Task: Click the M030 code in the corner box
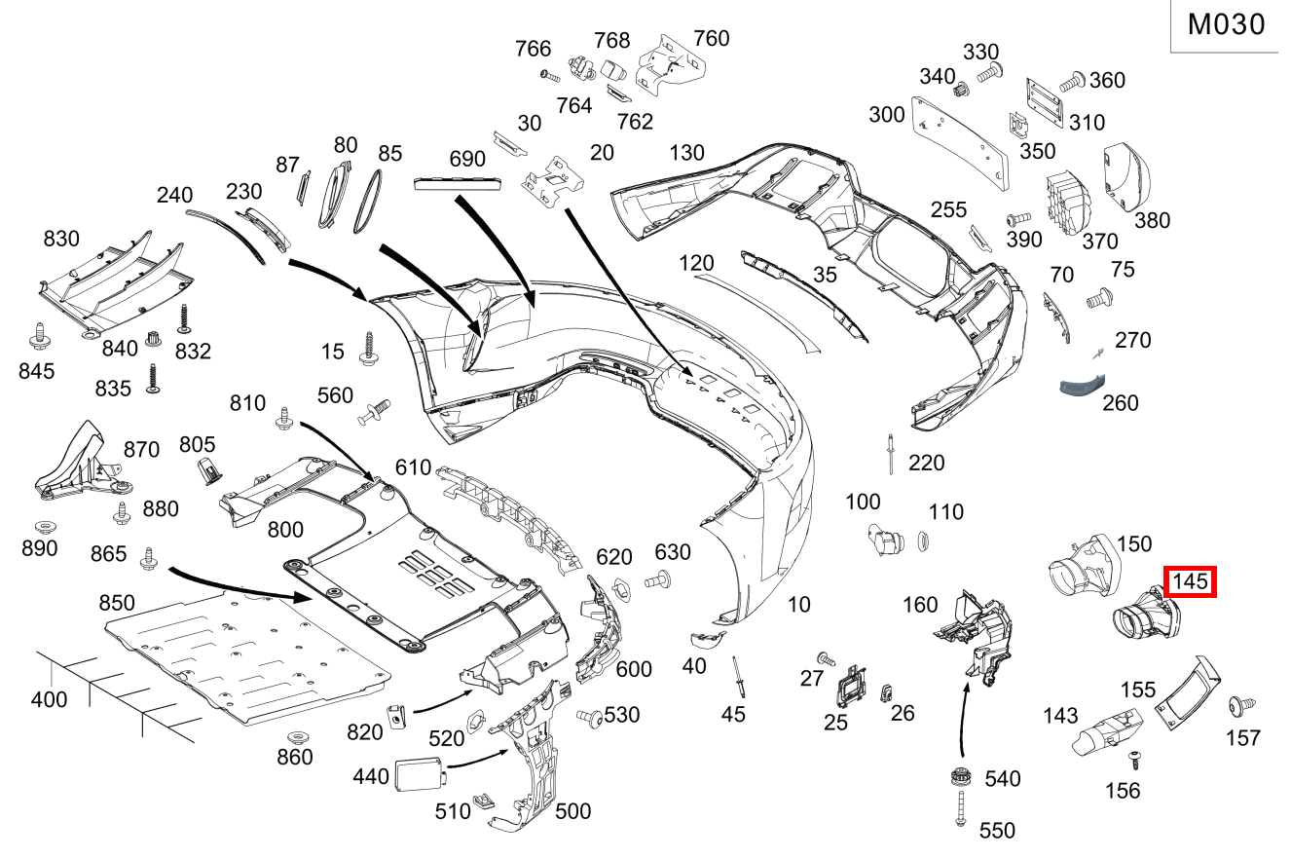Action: tap(1227, 24)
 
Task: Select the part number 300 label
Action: tap(887, 115)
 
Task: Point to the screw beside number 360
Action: tap(1072, 82)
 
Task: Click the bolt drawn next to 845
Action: tap(40, 337)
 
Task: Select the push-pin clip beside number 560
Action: tap(375, 413)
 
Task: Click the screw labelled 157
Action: tap(1240, 705)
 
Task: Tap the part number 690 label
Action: tap(466, 158)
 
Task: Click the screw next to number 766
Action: tap(550, 74)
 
